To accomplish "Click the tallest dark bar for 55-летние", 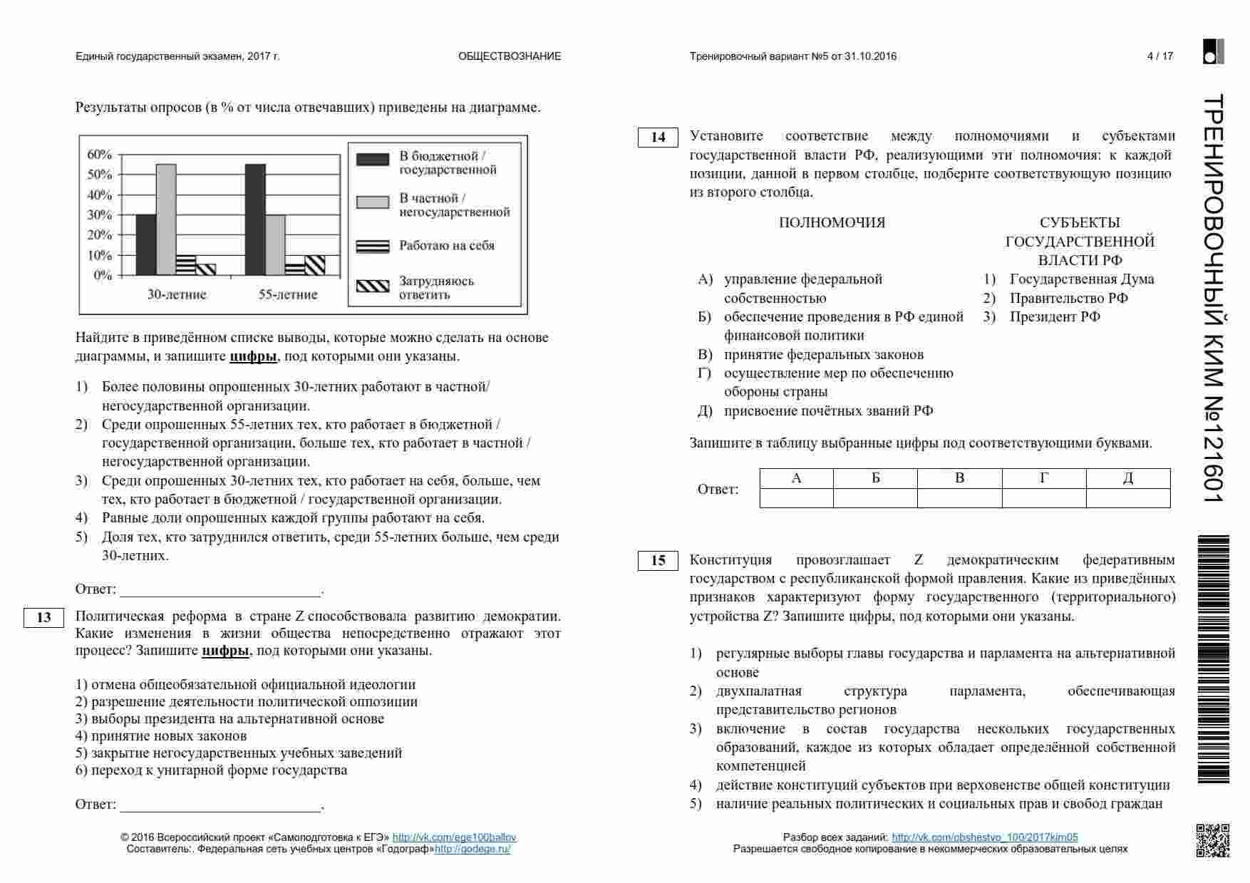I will tap(255, 220).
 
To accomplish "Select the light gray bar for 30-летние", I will tap(166, 220).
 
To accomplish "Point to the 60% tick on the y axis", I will tap(99, 155).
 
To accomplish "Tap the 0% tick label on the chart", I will tap(103, 276).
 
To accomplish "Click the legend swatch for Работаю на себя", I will tap(373, 247).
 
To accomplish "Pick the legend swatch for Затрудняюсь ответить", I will tap(373, 286).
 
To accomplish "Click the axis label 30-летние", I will tap(177, 294).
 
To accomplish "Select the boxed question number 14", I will tap(658, 137).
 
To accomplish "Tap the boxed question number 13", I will tap(43, 617).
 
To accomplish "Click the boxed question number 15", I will tap(658, 561).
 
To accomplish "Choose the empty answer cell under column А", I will tap(796, 497).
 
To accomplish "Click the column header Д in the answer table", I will tap(1127, 478).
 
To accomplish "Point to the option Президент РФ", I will tap(1055, 317).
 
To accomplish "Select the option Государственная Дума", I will tap(1081, 279).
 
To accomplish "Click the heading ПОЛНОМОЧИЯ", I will tap(832, 223).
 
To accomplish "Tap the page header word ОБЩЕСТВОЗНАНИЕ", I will tap(510, 56).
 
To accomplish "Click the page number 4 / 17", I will tap(1159, 56).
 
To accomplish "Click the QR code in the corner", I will tap(1212, 840).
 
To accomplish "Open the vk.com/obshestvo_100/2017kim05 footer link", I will tap(984, 838).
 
